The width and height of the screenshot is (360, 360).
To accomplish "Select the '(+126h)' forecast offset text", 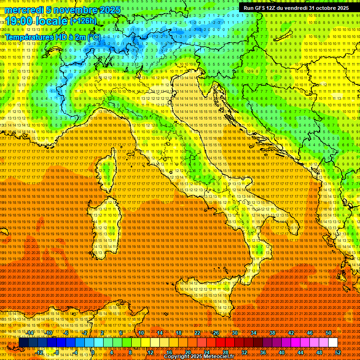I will point(83,21).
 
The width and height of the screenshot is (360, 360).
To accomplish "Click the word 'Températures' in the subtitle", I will point(29,37).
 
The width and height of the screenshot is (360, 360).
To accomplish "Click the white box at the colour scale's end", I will point(333,343).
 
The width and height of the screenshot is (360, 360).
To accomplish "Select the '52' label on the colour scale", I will point(337,352).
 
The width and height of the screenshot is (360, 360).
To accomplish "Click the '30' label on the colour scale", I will point(235,333).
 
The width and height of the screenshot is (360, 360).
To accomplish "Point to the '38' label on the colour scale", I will point(272,333).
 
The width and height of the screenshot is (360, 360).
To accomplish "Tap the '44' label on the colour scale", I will point(300,352).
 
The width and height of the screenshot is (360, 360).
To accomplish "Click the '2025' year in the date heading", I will point(107,10).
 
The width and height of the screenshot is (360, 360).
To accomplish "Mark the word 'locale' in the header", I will point(52,21).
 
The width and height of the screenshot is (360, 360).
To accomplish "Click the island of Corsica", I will point(107,171).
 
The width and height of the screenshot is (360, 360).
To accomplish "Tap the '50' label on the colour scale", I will point(329,333).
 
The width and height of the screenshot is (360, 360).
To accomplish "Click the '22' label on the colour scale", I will point(197,333).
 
